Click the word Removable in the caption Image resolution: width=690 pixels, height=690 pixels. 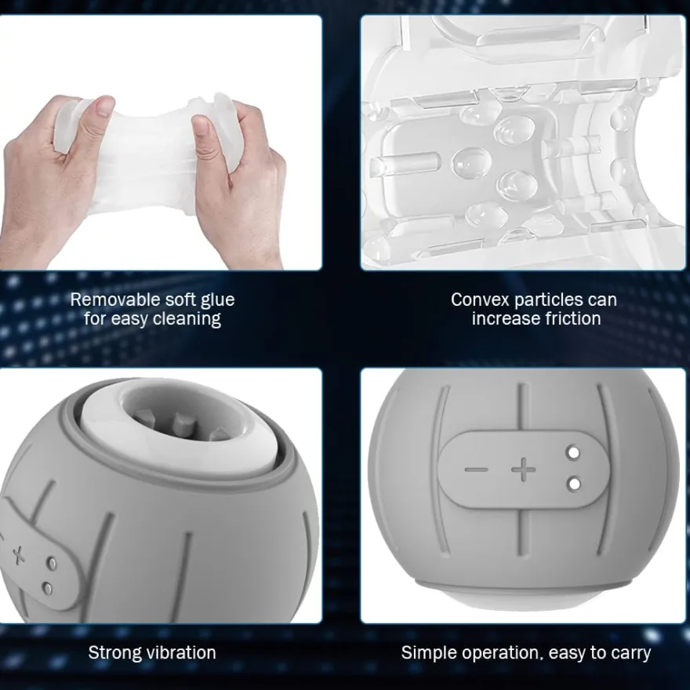(110, 300)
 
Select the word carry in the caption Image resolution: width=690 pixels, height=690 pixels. (630, 653)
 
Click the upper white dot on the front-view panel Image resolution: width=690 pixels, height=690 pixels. (573, 452)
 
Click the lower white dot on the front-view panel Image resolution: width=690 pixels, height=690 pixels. (574, 484)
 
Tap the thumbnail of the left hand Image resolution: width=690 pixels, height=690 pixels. (103, 107)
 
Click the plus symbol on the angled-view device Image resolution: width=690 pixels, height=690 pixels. (18, 555)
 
